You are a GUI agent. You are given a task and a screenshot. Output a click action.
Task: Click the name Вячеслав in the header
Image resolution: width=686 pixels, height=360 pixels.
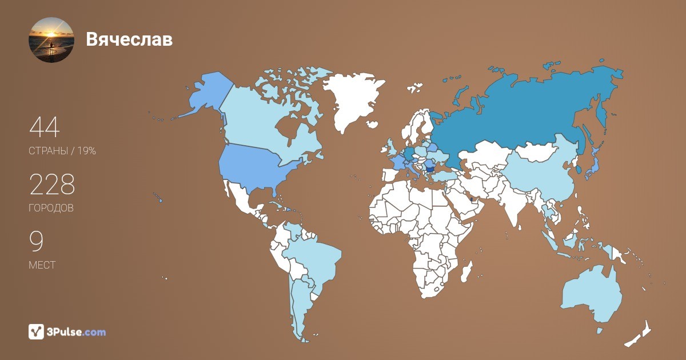pos(129,39)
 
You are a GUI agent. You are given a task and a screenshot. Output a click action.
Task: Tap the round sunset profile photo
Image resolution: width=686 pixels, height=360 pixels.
pos(51,40)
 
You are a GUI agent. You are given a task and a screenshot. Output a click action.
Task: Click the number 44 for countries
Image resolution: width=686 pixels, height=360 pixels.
pos(45,127)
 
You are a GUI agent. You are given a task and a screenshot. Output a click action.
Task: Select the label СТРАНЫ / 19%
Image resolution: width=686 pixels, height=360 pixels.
pos(62,151)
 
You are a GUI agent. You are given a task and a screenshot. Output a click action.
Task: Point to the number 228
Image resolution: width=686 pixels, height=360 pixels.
pos(52,185)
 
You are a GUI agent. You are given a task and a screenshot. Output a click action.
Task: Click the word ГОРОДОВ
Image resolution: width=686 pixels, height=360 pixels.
pos(51,209)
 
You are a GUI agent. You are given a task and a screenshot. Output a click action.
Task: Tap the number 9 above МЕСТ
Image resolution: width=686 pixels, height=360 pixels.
pos(36,242)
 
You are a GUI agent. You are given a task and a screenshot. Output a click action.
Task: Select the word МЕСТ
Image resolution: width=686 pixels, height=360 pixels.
pos(42,266)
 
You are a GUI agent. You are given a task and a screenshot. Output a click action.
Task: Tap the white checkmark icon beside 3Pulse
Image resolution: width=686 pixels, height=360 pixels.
pos(37,332)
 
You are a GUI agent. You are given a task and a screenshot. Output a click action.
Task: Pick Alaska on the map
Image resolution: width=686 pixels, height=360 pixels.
pos(206,94)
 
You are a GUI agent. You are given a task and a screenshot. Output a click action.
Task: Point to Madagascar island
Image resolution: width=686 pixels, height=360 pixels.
pos(467,272)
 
